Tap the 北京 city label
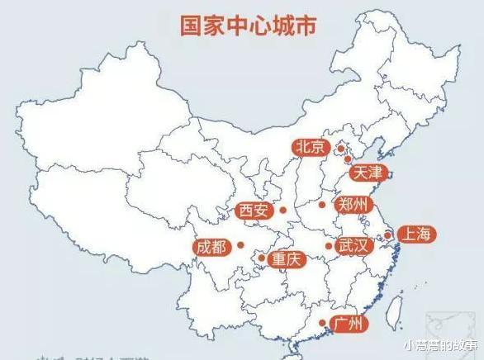(x=310, y=147)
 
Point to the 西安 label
(x=254, y=211)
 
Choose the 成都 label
(x=211, y=245)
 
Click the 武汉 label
(x=354, y=246)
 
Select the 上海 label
(x=415, y=234)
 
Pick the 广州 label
(x=347, y=323)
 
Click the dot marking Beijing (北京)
(x=339, y=149)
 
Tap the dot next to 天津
(x=348, y=159)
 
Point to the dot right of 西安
(x=282, y=211)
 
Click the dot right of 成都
(x=240, y=244)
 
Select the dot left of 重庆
(x=262, y=258)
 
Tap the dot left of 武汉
(x=329, y=246)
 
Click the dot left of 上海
(x=387, y=235)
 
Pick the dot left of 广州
(x=322, y=323)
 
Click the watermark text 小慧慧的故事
(x=441, y=346)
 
